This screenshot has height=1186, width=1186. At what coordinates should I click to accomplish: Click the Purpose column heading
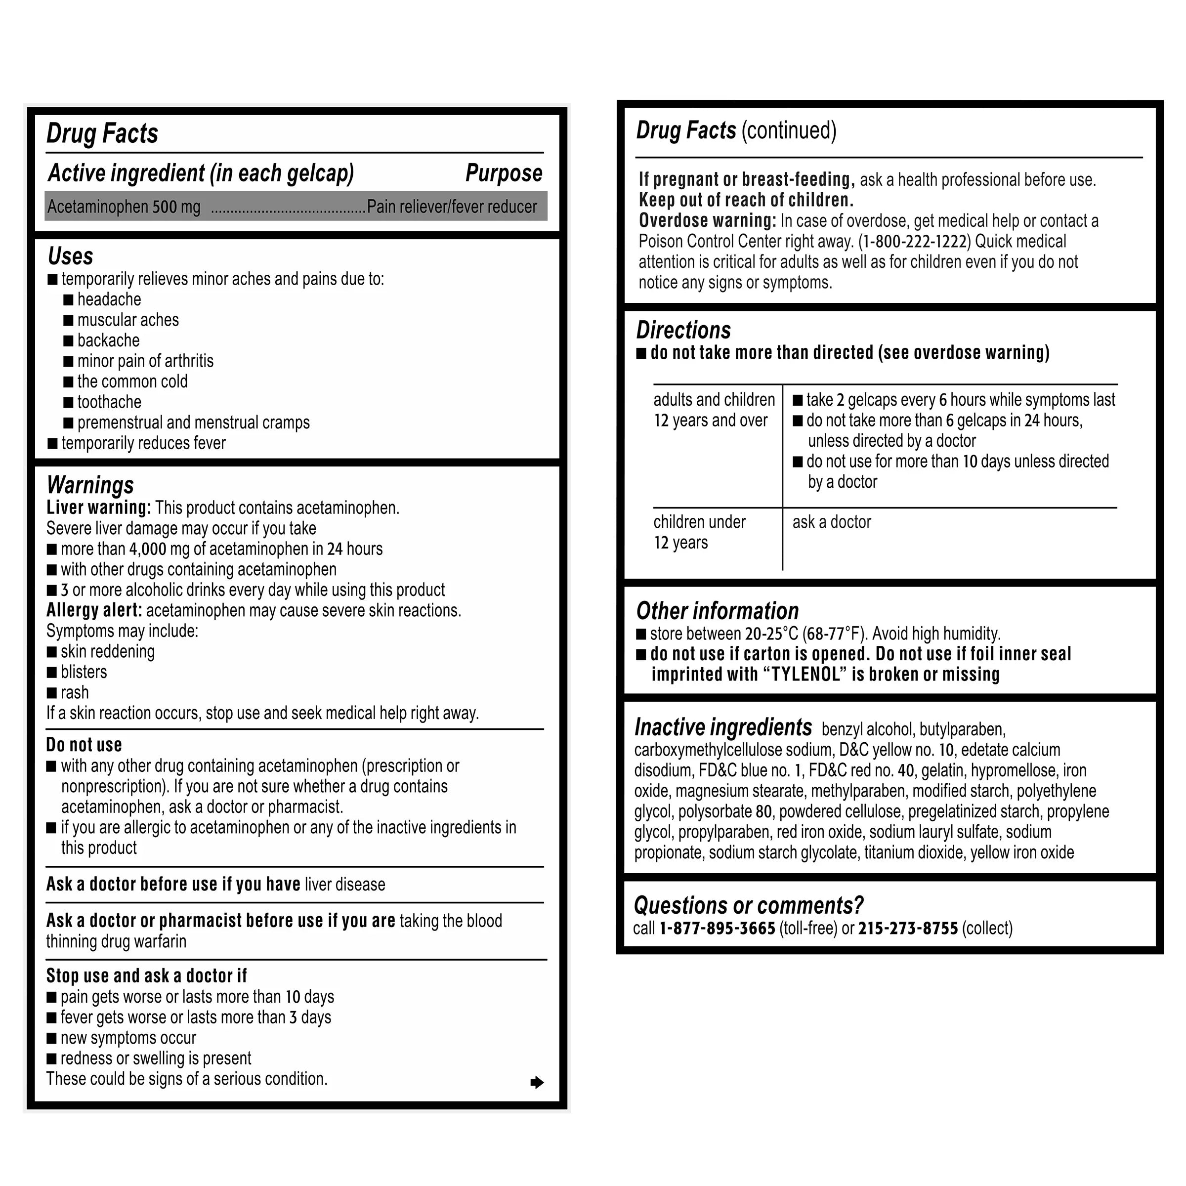504,173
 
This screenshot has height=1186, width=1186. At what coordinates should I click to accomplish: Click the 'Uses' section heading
71,256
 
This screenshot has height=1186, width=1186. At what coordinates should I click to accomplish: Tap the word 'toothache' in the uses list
109,402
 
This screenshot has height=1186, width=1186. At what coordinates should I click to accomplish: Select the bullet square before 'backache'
68,340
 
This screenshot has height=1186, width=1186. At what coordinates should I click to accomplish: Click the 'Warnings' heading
90,485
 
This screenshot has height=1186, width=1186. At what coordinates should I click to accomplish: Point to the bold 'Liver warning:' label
98,508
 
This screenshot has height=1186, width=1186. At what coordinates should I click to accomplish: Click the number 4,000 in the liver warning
148,549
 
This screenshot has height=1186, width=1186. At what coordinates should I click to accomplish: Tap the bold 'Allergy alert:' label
94,610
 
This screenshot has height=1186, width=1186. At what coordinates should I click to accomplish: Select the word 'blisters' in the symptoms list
84,672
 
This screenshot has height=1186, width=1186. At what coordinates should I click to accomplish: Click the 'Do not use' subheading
84,745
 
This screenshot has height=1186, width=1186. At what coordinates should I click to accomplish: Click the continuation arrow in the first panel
537,1082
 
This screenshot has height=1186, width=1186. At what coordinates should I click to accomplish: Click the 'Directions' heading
683,330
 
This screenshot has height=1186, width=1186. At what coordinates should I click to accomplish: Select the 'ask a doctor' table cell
831,522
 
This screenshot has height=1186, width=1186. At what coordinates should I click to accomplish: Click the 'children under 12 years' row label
699,532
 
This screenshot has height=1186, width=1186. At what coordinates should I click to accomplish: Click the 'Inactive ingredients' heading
722,727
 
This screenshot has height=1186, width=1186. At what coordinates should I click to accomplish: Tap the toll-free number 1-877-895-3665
717,928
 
